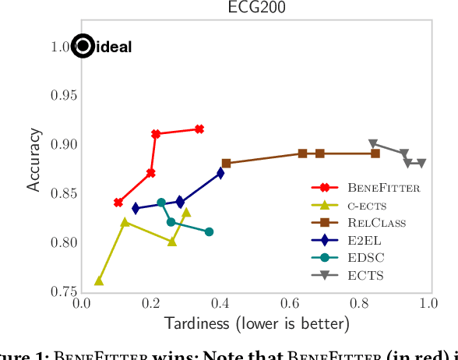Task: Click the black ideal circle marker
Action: coord(83,47)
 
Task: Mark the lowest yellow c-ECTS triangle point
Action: coord(99,281)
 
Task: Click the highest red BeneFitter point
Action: coord(199,129)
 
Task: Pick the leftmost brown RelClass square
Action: coord(226,164)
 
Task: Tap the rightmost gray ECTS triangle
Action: coord(421,164)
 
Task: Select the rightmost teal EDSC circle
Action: coord(209,231)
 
